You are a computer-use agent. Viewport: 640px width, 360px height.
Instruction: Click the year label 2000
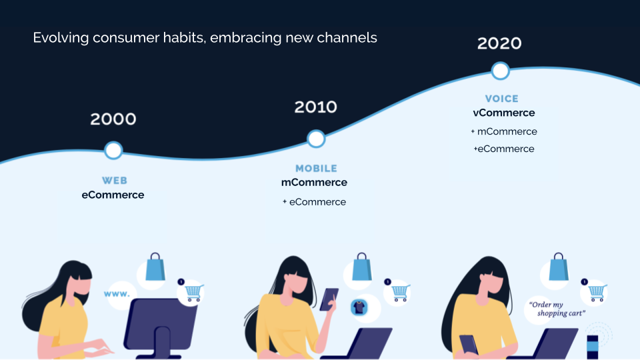[x=113, y=119]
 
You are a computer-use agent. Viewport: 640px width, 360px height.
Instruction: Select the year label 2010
[x=316, y=107]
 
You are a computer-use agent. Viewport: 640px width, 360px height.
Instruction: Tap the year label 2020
[x=499, y=43]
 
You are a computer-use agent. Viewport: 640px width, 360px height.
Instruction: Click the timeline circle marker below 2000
[x=114, y=150]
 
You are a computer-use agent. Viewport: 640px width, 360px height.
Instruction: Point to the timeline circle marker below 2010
[x=316, y=139]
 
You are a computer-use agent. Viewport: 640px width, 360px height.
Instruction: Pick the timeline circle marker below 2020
[x=500, y=71]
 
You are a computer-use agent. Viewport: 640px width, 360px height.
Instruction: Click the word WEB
[x=115, y=181]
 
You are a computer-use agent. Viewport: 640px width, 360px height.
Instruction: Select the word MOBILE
[x=316, y=169]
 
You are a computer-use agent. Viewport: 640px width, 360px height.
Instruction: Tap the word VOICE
[x=502, y=99]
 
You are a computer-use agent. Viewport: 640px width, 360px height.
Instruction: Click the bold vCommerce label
[x=504, y=113]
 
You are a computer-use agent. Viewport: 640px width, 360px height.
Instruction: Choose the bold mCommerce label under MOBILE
[x=314, y=183]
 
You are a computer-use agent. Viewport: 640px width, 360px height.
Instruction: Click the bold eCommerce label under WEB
[x=113, y=195]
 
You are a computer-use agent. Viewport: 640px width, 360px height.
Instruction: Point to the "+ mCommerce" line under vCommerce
[x=504, y=131]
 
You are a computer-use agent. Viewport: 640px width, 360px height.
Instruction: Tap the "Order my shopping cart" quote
[x=557, y=309]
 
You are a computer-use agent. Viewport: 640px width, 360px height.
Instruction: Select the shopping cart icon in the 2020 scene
[x=595, y=292]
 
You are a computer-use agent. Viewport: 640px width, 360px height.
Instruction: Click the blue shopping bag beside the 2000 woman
[x=155, y=267]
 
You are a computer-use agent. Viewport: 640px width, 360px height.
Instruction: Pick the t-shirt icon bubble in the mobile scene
[x=360, y=307]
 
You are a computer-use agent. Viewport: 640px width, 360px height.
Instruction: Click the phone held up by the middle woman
[x=329, y=299]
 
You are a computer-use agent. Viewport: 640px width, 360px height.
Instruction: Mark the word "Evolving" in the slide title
[x=61, y=38]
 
